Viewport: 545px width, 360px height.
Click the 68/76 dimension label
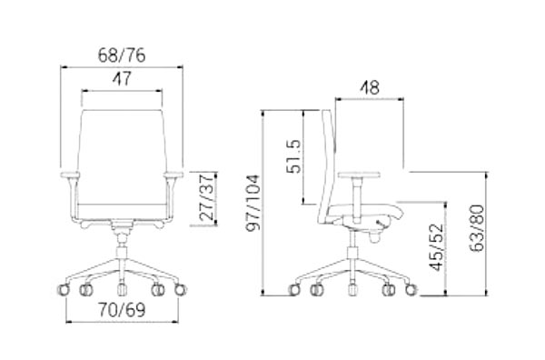coord(122,55)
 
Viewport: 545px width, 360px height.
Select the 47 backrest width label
coord(122,78)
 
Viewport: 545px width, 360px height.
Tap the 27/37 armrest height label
coord(206,197)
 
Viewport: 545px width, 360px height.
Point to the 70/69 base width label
coord(122,310)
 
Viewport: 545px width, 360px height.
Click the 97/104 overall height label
coord(253,203)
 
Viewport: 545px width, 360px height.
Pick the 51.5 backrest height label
coord(293,156)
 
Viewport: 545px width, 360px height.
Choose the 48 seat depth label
coord(369,87)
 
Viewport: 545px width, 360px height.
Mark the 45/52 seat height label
coord(437,247)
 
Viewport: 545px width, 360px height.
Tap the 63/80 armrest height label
coord(476,228)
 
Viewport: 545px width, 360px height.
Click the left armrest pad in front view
coord(70,175)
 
